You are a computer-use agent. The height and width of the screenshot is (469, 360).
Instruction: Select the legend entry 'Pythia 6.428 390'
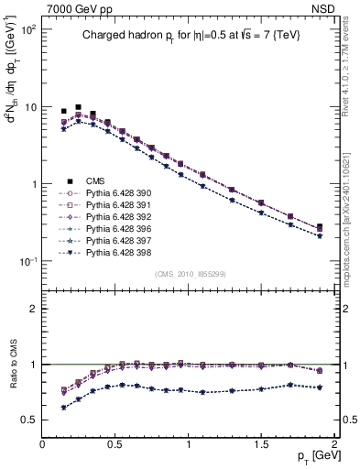[113, 193]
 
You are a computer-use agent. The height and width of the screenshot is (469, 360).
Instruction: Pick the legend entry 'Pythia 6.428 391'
[113, 205]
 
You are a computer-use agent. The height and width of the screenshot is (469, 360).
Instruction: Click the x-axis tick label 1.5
[261, 443]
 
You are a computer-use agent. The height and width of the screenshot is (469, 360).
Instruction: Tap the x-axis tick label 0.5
[115, 443]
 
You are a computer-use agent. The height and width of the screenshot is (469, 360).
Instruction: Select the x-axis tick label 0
[42, 443]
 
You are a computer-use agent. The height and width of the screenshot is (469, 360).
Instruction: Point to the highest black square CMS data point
[78, 107]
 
